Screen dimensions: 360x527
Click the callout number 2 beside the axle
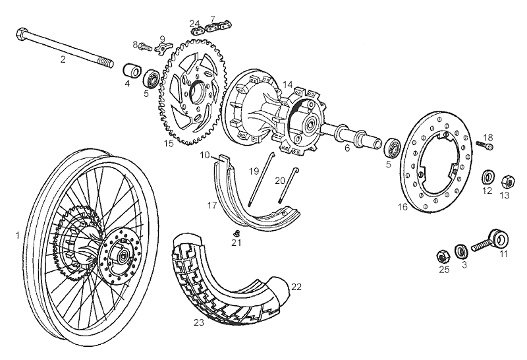click(x=63, y=59)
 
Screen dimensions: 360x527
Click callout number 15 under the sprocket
click(x=169, y=142)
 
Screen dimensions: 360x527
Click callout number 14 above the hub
click(x=288, y=84)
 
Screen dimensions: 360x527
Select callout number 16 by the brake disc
click(x=403, y=207)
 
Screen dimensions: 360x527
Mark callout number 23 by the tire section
click(x=200, y=323)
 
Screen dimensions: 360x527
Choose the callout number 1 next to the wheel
click(x=18, y=235)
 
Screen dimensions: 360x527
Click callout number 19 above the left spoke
click(x=254, y=171)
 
